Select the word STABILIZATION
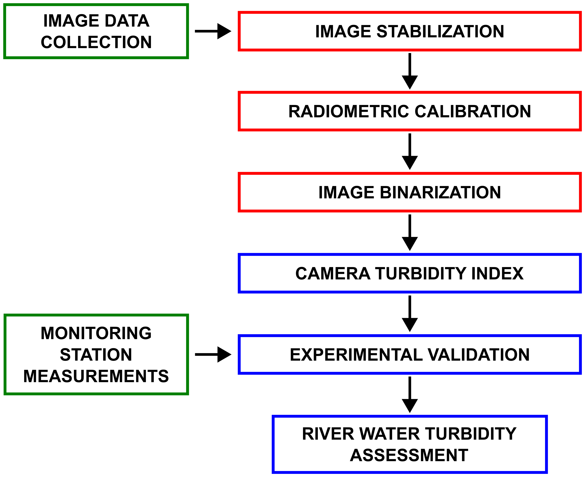point(440,31)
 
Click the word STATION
point(96,355)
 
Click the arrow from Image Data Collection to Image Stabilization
point(213,31)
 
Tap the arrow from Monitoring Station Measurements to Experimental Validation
point(213,354)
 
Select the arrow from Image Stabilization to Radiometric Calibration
point(410,71)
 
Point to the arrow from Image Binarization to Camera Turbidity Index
point(410,232)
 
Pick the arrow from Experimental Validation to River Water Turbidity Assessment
point(410,395)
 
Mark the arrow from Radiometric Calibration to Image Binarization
point(410,152)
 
